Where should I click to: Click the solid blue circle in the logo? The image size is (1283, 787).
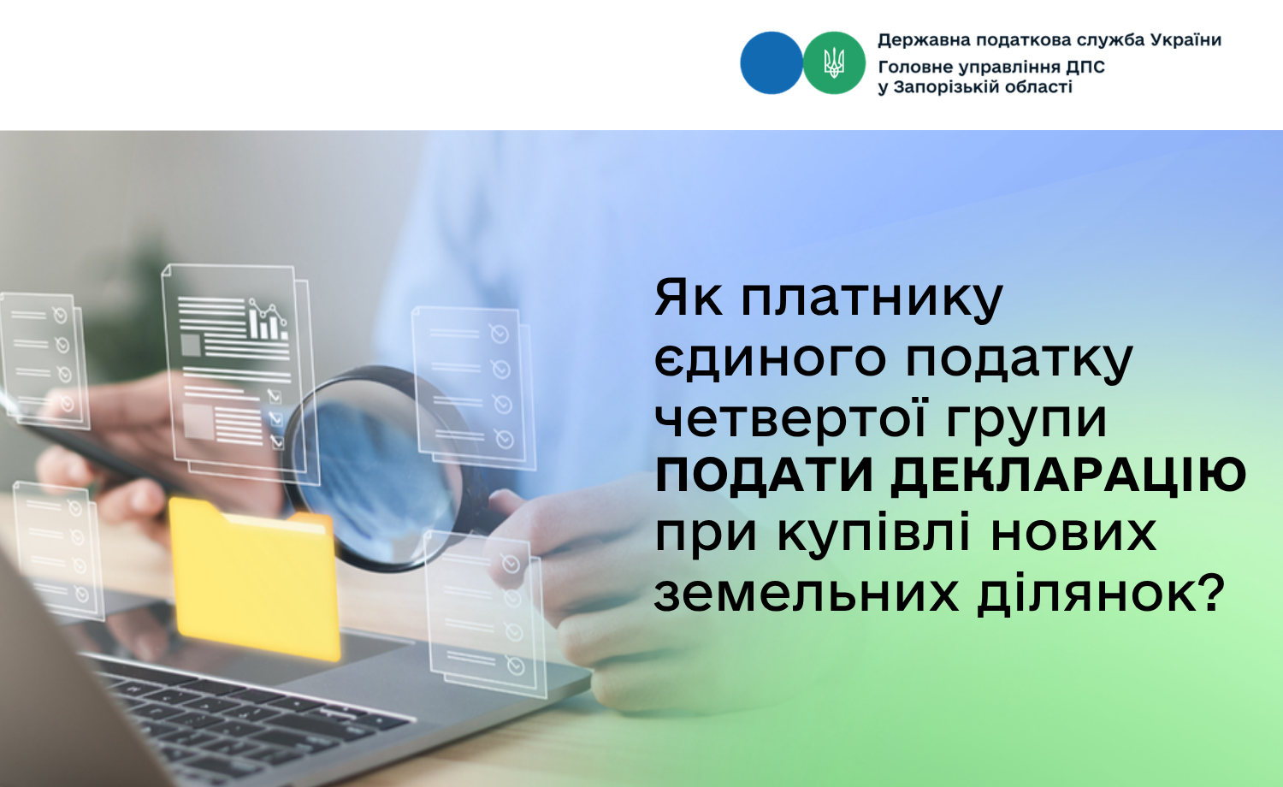tap(771, 63)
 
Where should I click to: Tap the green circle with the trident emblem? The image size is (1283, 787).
tap(834, 63)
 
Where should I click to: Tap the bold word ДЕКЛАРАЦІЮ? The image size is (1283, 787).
tap(1069, 476)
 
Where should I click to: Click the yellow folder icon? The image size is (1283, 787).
tap(254, 578)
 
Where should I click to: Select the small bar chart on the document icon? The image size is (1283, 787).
tap(267, 320)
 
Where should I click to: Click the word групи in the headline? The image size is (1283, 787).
tap(1026, 422)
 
